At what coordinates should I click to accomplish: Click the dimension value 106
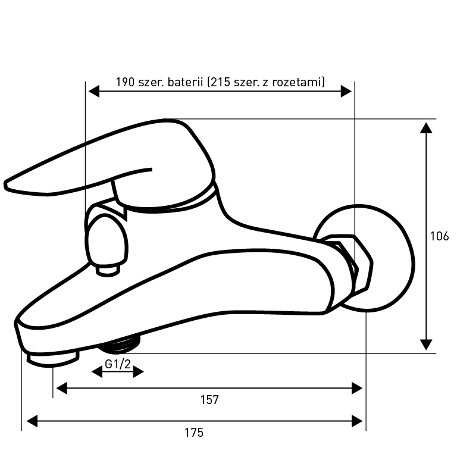[x=439, y=236]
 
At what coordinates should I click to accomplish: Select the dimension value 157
[x=209, y=400]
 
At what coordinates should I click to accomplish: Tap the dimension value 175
[x=194, y=433]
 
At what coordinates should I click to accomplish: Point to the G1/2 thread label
[x=118, y=364]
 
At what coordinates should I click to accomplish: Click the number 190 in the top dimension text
[x=126, y=82]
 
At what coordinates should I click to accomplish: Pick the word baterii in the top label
[x=185, y=82]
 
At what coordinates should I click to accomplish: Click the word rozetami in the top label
[x=297, y=82]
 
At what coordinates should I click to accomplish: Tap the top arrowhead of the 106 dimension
[x=426, y=128]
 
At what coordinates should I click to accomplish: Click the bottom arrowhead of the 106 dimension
[x=426, y=345]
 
